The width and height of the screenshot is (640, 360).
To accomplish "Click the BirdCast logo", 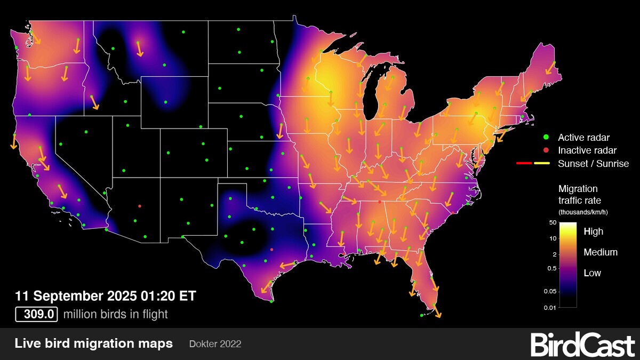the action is click(582, 345).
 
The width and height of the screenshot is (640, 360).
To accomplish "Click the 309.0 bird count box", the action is click(36, 314).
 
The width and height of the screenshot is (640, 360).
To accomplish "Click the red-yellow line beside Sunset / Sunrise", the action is click(533, 163).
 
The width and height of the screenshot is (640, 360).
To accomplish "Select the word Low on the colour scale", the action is click(592, 273).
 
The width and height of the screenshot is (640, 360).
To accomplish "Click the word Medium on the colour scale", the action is click(601, 252).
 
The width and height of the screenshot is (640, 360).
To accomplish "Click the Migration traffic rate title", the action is click(578, 195).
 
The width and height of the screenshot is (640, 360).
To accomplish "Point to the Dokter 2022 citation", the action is click(215, 344).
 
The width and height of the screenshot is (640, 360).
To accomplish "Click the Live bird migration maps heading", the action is click(94, 343).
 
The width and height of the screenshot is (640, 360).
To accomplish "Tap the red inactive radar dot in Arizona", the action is click(140, 205).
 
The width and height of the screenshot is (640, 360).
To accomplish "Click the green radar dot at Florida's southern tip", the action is click(422, 315).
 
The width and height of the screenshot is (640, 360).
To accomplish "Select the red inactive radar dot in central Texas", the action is click(272, 250).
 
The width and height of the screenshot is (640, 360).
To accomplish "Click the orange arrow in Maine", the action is click(550, 68).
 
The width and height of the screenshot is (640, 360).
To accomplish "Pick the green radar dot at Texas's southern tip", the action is click(271, 301).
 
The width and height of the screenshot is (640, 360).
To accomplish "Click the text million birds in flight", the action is click(115, 314).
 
